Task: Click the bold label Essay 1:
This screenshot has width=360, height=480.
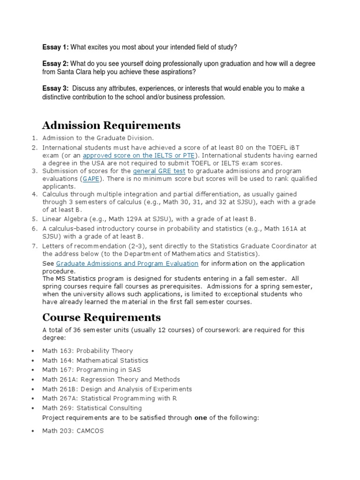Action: click(x=56, y=47)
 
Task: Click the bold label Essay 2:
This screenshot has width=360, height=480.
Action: click(x=56, y=63)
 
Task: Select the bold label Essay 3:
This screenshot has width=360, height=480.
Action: click(x=56, y=89)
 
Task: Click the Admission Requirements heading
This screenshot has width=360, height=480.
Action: click(x=111, y=125)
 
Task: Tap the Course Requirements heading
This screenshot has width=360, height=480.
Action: click(x=101, y=317)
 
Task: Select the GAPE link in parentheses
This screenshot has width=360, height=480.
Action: click(x=91, y=179)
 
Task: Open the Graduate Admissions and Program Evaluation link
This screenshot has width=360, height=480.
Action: click(x=127, y=263)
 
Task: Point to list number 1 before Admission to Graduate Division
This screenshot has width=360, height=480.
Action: click(x=34, y=138)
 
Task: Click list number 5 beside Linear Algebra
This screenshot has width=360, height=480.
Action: click(x=34, y=219)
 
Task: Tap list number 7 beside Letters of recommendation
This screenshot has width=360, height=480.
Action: click(x=34, y=246)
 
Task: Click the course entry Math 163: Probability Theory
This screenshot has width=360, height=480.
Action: click(x=88, y=351)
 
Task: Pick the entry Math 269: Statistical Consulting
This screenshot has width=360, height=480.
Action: click(x=92, y=408)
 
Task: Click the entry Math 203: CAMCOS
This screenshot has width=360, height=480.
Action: click(x=73, y=431)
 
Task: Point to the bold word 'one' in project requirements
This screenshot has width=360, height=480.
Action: click(x=201, y=418)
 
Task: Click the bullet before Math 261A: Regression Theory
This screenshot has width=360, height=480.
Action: click(x=32, y=380)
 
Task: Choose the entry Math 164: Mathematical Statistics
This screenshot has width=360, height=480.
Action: click(x=95, y=360)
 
